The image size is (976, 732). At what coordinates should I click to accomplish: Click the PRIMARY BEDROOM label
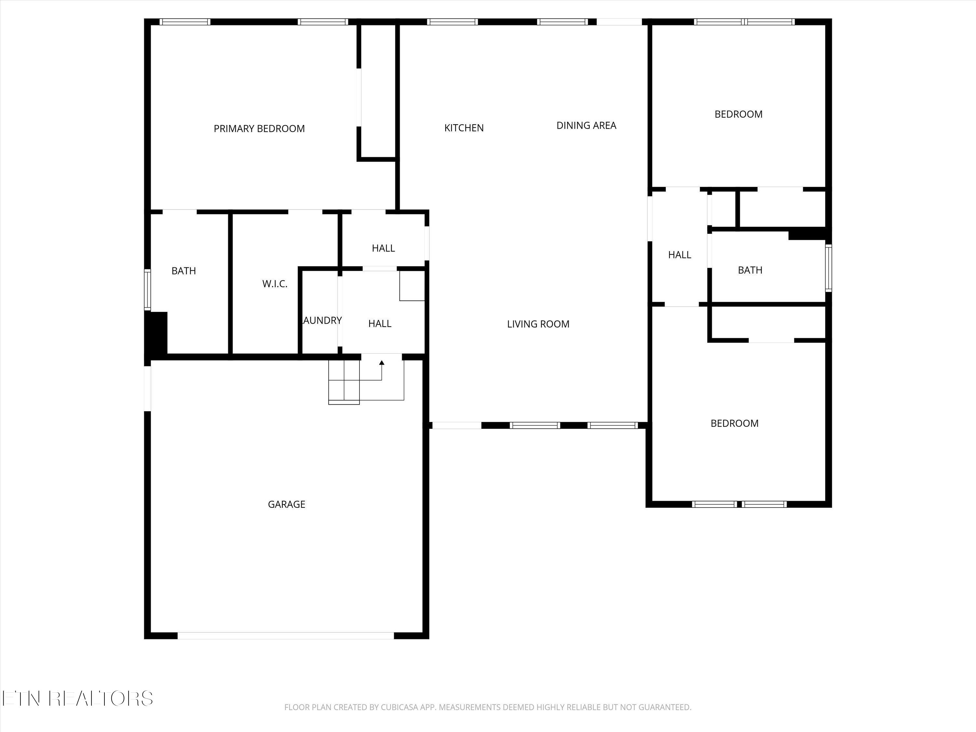[259, 129]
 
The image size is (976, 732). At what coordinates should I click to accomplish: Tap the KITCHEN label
[464, 128]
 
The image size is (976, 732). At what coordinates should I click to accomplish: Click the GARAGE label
[286, 504]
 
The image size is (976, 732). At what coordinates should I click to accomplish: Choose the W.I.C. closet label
[275, 284]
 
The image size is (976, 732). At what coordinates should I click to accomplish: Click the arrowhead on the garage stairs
[382, 363]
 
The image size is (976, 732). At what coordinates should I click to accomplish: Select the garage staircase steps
[344, 382]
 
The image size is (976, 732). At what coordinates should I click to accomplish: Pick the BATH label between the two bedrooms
[750, 270]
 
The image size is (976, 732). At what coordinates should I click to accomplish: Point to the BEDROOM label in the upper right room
[738, 114]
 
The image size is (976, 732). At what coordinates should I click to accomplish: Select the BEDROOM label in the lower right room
[734, 424]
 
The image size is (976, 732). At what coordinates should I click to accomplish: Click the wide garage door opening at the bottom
[285, 636]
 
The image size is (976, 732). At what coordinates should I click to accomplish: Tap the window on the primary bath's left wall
[148, 290]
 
